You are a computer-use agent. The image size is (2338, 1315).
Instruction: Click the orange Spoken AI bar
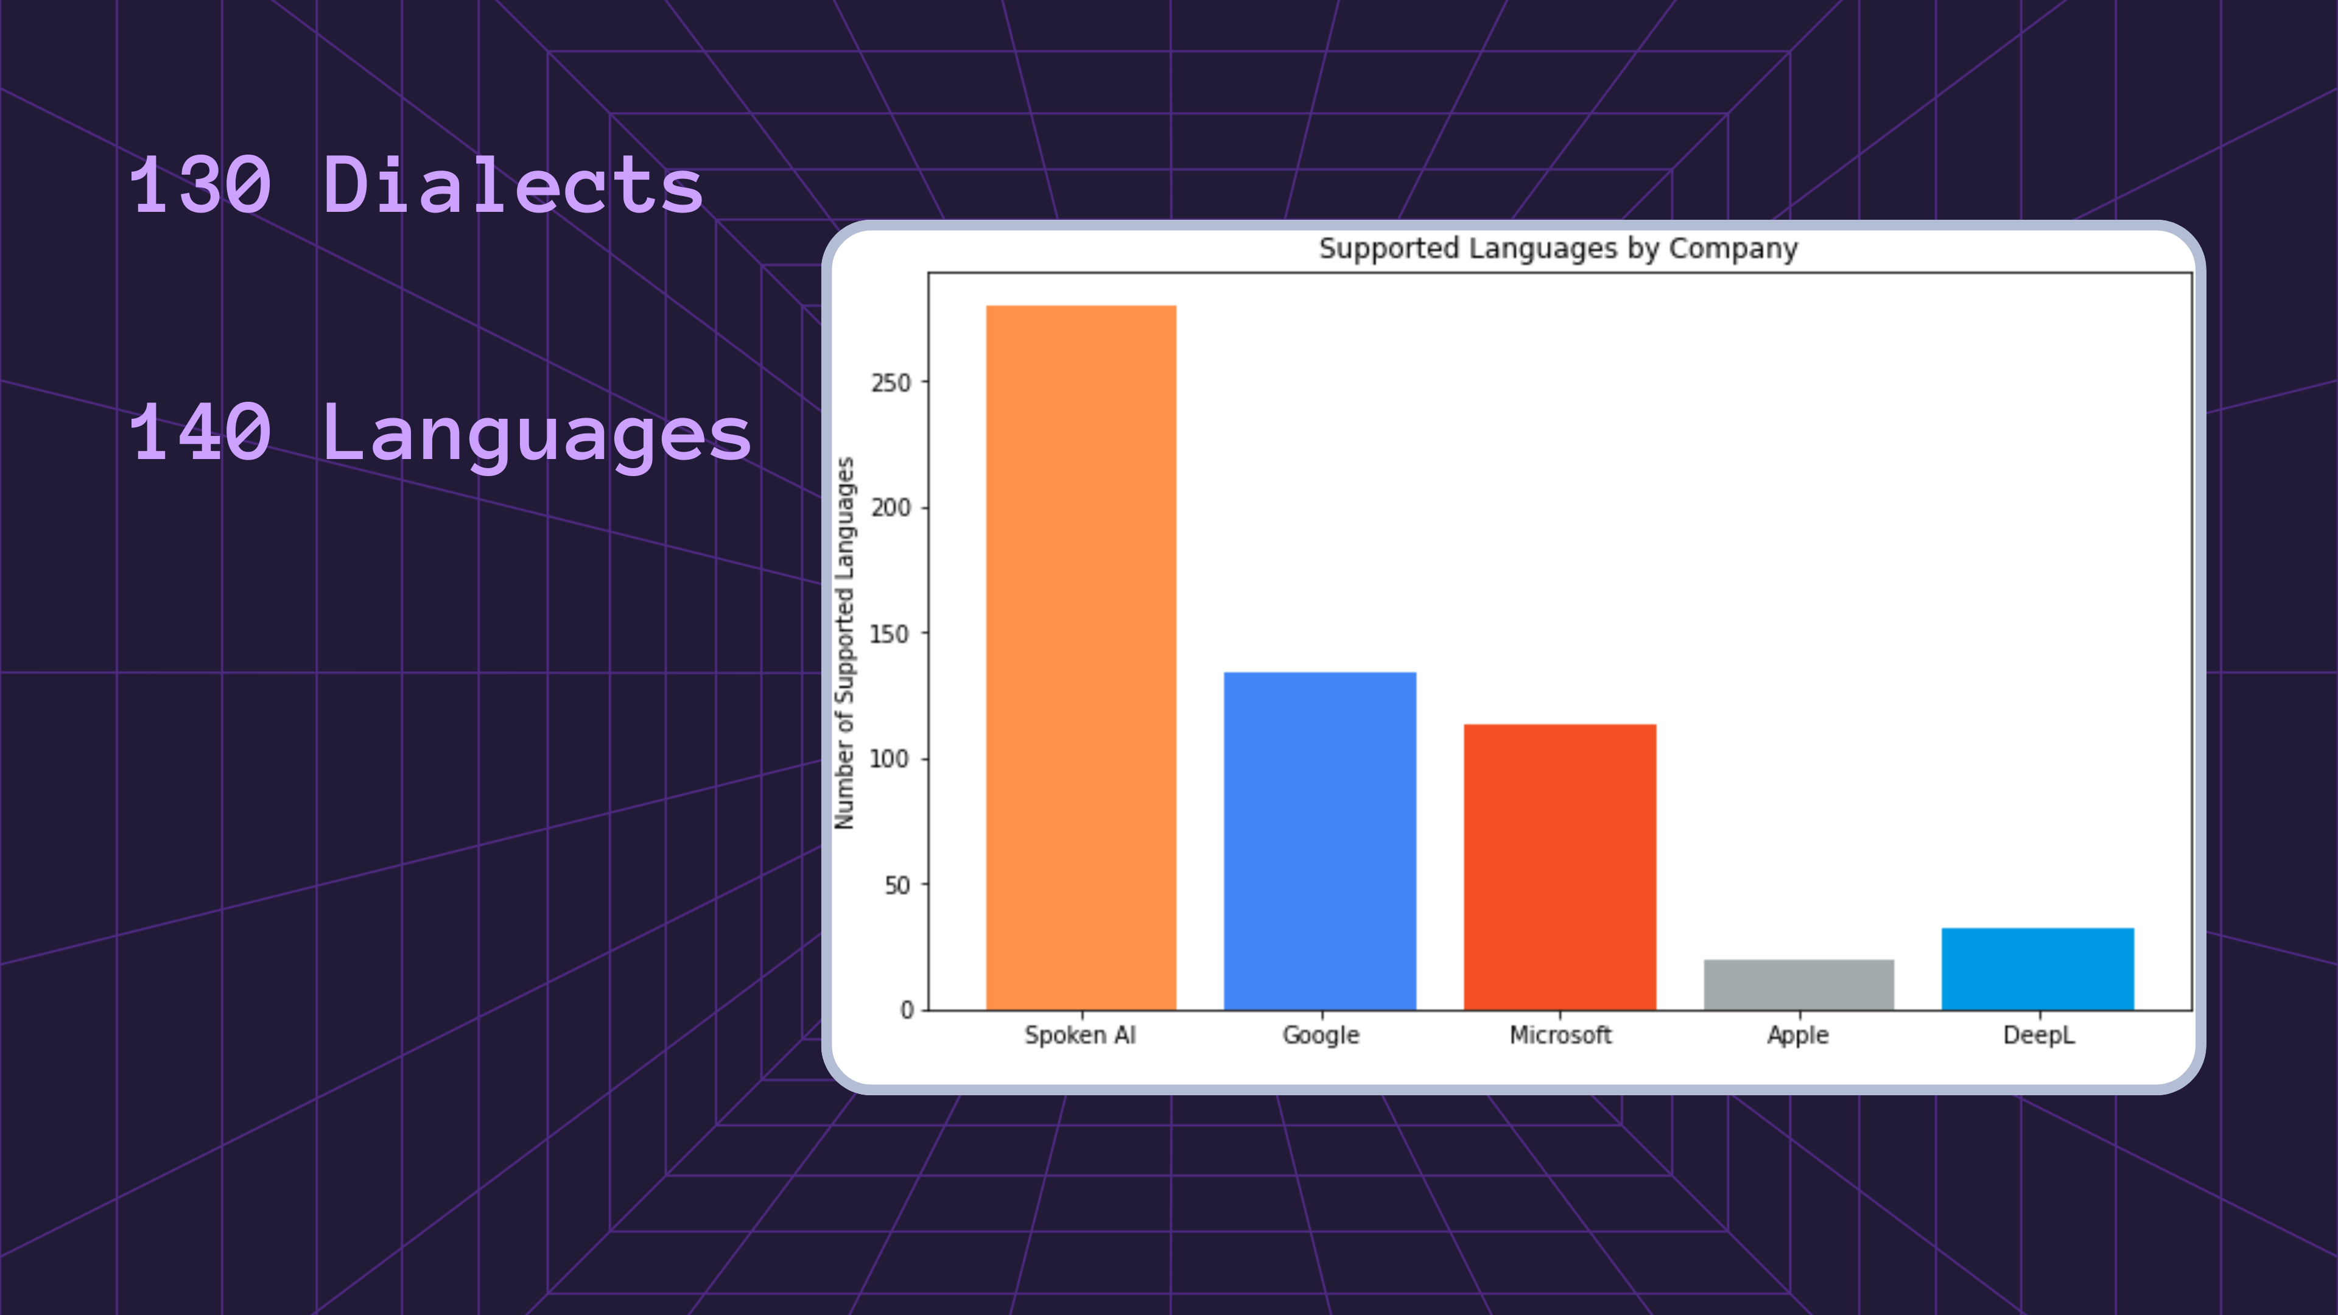(1081, 657)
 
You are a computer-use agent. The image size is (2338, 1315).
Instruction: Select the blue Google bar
(1319, 840)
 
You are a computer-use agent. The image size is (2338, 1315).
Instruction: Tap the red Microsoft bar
(1559, 867)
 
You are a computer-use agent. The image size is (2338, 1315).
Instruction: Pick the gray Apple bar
(1799, 984)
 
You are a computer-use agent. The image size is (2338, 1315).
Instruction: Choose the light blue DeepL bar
(2038, 969)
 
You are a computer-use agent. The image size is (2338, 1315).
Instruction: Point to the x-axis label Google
(1321, 1036)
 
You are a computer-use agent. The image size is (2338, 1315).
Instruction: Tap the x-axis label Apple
(1798, 1036)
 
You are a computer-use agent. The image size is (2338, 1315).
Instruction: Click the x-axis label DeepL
(2038, 1036)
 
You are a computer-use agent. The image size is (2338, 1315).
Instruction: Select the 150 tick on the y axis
(890, 633)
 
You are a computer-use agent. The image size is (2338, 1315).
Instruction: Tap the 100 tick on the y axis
(890, 759)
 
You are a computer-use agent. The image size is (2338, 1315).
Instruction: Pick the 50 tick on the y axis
(897, 885)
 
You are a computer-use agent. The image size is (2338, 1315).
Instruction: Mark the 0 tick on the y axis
(907, 1010)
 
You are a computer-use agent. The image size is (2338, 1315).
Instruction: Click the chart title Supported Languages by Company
(1559, 248)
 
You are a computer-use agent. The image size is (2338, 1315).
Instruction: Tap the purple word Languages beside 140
(536, 435)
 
